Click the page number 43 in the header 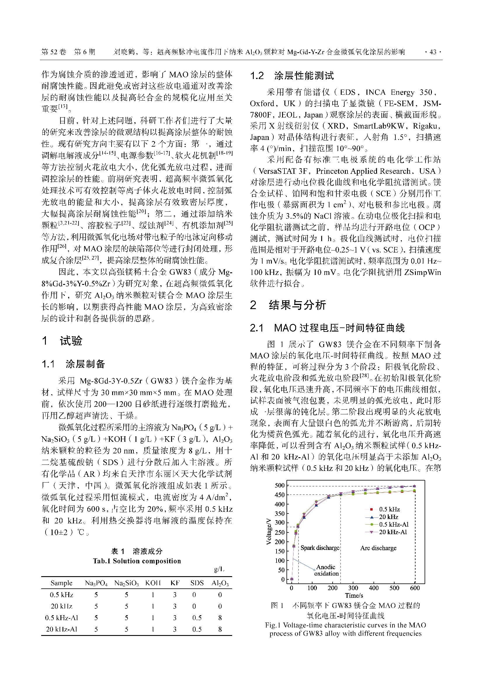pos(433,52)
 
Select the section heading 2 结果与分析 pos(288,305)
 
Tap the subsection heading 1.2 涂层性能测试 pos(292,76)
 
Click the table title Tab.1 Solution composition pos(137,561)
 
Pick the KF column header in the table pos(175,583)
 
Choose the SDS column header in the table pos(197,583)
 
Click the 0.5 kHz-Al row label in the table pos(62,618)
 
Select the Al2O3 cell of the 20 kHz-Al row pos(220,629)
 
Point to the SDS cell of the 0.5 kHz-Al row pos(197,618)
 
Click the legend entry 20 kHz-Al pos(392,532)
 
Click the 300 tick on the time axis pos(353,588)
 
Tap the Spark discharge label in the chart pos(320,548)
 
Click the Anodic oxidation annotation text pos(326,570)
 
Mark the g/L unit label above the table pos(219,569)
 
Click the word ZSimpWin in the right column pos(422,272)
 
